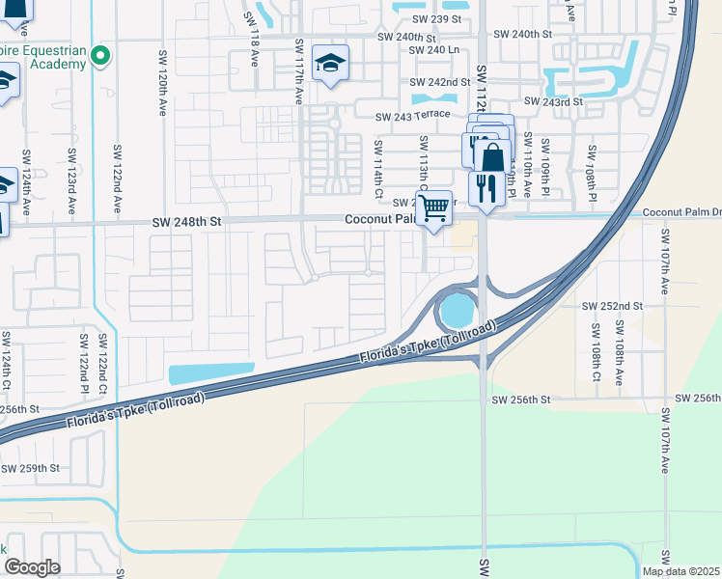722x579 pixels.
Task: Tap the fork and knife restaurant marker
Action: point(486,185)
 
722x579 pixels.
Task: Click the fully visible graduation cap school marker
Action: point(330,64)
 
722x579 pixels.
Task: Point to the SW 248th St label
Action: point(187,222)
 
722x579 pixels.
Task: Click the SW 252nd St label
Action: point(612,306)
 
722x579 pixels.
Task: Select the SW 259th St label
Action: point(31,468)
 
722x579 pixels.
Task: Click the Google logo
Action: point(32,567)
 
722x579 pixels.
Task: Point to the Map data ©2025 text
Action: point(680,571)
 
